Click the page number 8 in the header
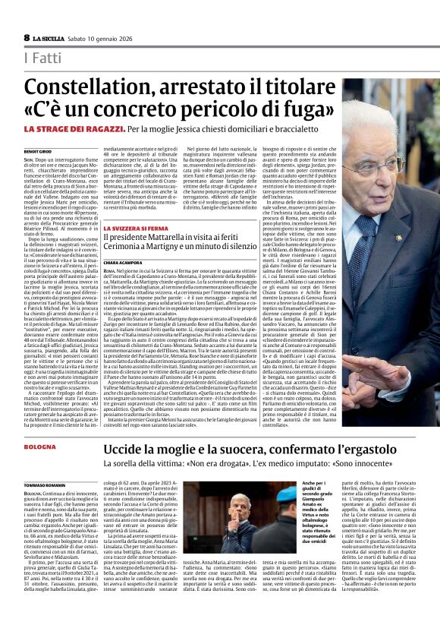coord(27,38)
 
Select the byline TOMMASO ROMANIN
coord(45,485)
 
